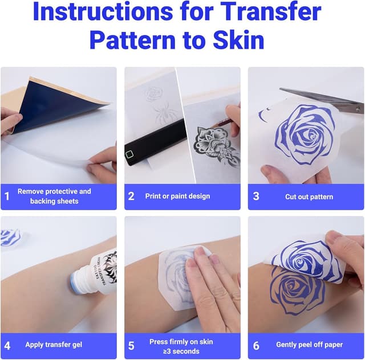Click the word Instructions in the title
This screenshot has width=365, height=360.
point(103,11)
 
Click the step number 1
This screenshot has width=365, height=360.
point(7,196)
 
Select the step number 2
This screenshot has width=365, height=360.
point(131,196)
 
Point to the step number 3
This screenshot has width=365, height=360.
point(256,196)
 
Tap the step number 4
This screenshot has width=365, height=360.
point(7,346)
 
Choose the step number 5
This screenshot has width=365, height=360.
point(131,346)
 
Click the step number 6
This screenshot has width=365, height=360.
point(256,346)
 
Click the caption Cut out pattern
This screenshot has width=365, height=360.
point(309,197)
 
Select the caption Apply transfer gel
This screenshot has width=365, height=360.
point(54,345)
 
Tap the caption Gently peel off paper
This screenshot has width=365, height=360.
point(309,345)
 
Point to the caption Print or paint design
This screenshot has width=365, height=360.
point(177,197)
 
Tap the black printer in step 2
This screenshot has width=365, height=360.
point(156,143)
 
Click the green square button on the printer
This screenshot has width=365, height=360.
point(129,154)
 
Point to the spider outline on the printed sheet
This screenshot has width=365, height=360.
point(165,113)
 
